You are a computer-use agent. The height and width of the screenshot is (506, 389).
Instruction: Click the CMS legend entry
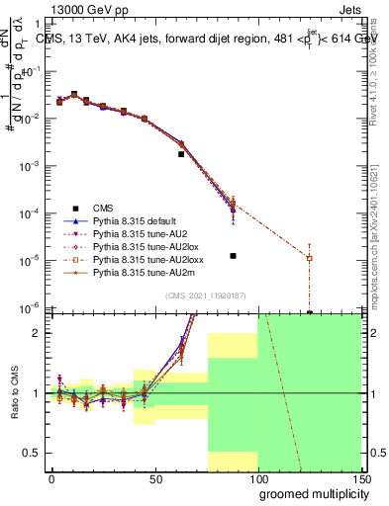pyautogui.click(x=103, y=208)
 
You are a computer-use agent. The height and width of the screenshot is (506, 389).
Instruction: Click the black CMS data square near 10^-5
pyautogui.click(x=232, y=256)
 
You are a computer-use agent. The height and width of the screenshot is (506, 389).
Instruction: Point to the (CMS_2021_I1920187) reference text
pyautogui.click(x=205, y=295)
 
